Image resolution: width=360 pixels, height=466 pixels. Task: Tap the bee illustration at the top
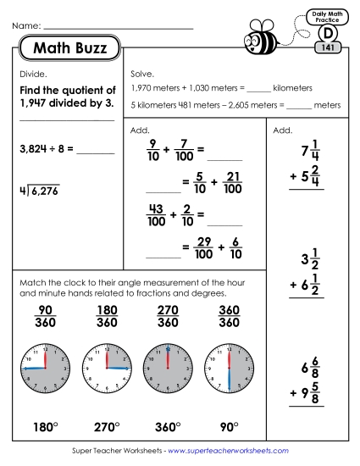point(260,38)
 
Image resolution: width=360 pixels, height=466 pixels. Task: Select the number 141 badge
point(327,48)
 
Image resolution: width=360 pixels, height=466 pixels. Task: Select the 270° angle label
point(107,425)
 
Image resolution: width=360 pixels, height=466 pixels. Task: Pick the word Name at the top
point(25,27)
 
